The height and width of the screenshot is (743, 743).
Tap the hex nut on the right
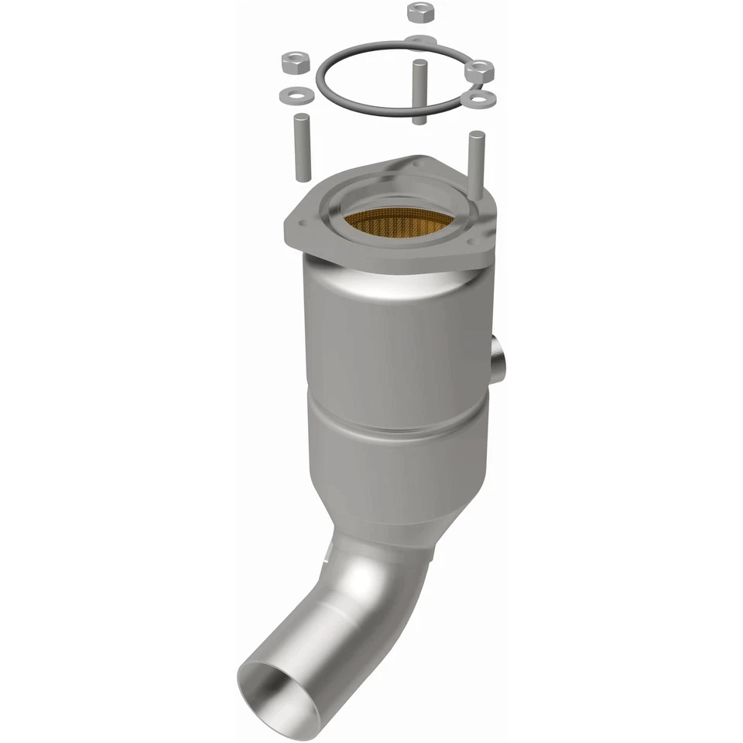(480, 71)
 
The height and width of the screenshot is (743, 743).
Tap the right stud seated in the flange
(474, 159)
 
